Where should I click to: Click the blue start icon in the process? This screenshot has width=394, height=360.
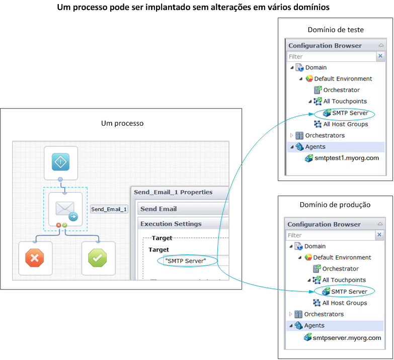coord(60,162)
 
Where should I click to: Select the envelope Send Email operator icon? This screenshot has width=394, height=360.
coord(65,209)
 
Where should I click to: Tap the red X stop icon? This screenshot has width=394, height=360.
coord(35,258)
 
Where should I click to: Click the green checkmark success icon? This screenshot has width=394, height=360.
coord(98,258)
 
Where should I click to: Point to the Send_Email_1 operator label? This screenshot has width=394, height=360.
coord(109,209)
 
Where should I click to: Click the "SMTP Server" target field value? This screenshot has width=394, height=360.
coord(186,260)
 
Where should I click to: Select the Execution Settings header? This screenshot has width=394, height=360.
coord(171,224)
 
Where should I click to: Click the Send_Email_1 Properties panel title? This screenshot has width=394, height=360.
coord(173,192)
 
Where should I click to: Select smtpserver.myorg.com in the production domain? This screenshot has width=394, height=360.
coord(347,338)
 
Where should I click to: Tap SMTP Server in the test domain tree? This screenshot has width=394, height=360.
coord(350,113)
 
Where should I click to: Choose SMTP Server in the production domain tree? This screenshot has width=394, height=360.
coord(349,292)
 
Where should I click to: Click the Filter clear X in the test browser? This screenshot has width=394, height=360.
coord(380,56)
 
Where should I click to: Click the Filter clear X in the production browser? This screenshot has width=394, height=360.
coord(379,235)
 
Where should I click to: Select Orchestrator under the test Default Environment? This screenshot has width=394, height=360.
coord(341,90)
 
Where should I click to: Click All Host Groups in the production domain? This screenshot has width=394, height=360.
coord(345,303)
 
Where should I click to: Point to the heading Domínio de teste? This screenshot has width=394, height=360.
coord(335,30)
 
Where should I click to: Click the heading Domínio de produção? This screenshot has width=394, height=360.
coord(335,205)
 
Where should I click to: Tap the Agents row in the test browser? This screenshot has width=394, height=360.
coord(315,147)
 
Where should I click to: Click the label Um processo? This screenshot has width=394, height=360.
coord(122,123)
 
